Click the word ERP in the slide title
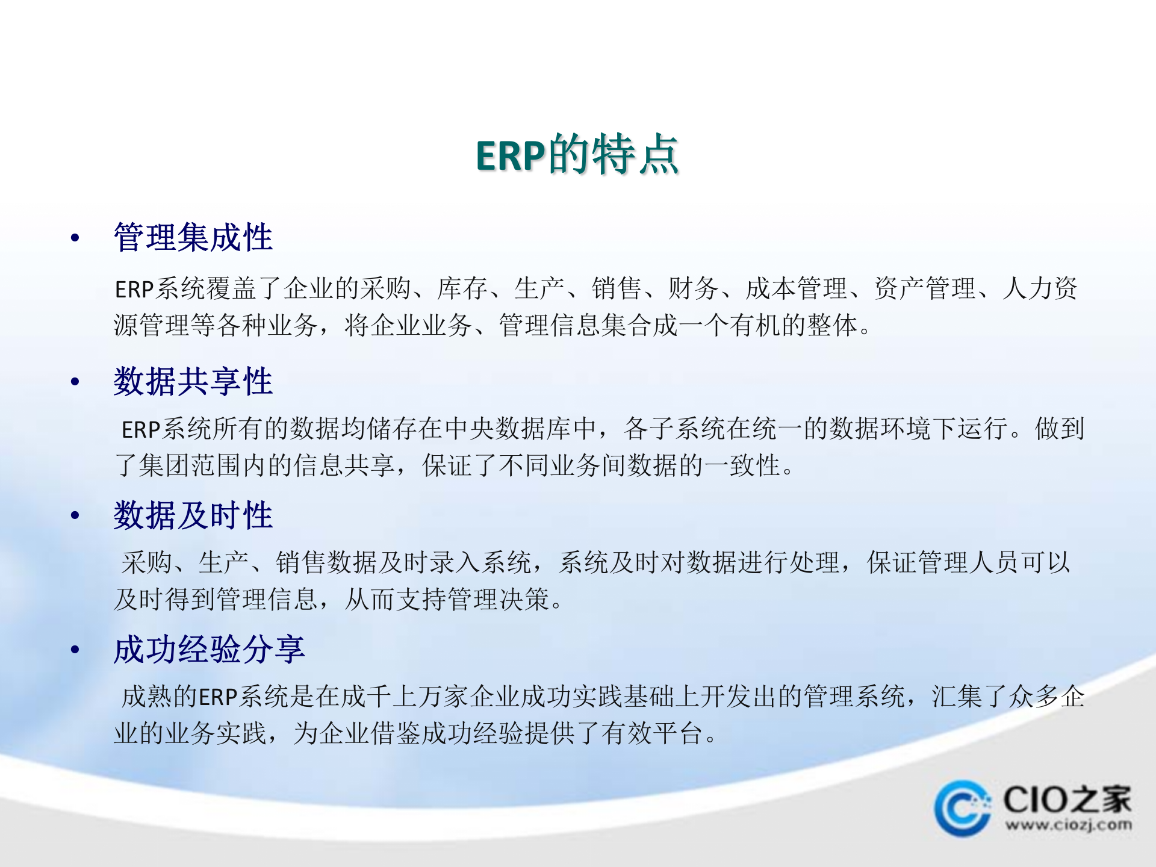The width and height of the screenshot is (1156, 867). pyautogui.click(x=511, y=156)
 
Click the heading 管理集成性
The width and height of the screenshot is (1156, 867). pyautogui.click(x=193, y=237)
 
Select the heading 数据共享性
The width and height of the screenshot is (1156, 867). pyautogui.click(x=193, y=382)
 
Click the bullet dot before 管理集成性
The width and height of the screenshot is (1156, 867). pyautogui.click(x=75, y=238)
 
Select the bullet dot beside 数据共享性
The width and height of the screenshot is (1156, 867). pyautogui.click(x=75, y=382)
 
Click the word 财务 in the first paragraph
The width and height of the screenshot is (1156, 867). pyautogui.click(x=693, y=288)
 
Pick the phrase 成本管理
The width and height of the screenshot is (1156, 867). pyautogui.click(x=796, y=288)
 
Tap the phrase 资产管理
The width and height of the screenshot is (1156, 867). pyautogui.click(x=925, y=288)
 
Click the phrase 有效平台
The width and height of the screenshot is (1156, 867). pyautogui.click(x=653, y=733)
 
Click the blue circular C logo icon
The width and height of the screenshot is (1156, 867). pyautogui.click(x=962, y=809)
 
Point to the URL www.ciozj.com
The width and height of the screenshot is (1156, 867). pyautogui.click(x=1068, y=825)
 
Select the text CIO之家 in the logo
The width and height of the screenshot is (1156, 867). pyautogui.click(x=1067, y=800)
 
